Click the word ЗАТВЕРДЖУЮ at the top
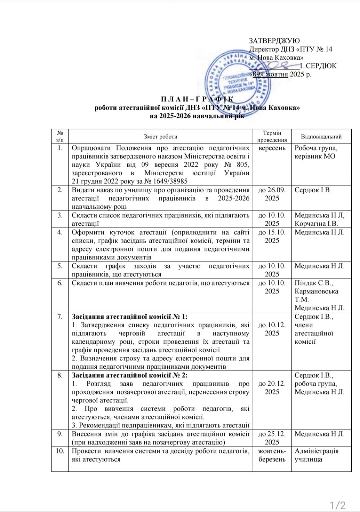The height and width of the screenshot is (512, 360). click(x=274, y=41)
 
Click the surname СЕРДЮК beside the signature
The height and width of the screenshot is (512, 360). click(x=321, y=66)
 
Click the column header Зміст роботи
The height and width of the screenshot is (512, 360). click(x=160, y=137)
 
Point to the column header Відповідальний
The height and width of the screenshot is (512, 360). click(x=321, y=137)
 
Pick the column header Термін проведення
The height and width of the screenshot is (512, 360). click(x=272, y=136)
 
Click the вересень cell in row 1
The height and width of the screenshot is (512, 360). click(x=272, y=148)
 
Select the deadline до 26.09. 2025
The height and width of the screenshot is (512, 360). click(x=272, y=194)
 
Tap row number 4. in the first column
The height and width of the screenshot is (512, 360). click(x=60, y=232)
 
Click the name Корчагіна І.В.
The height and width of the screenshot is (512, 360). click(x=316, y=224)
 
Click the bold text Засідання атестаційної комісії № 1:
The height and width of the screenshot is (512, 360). click(x=130, y=316)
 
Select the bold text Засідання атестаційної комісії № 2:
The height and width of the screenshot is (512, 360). click(x=130, y=375)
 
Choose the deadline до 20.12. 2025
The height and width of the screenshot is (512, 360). click(x=272, y=388)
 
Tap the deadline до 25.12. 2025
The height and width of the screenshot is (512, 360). click(x=272, y=438)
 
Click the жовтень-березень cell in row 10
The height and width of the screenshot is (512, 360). click(x=272, y=455)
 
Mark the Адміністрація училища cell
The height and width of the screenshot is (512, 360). click(x=316, y=455)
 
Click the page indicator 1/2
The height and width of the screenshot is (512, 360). click(x=338, y=506)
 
